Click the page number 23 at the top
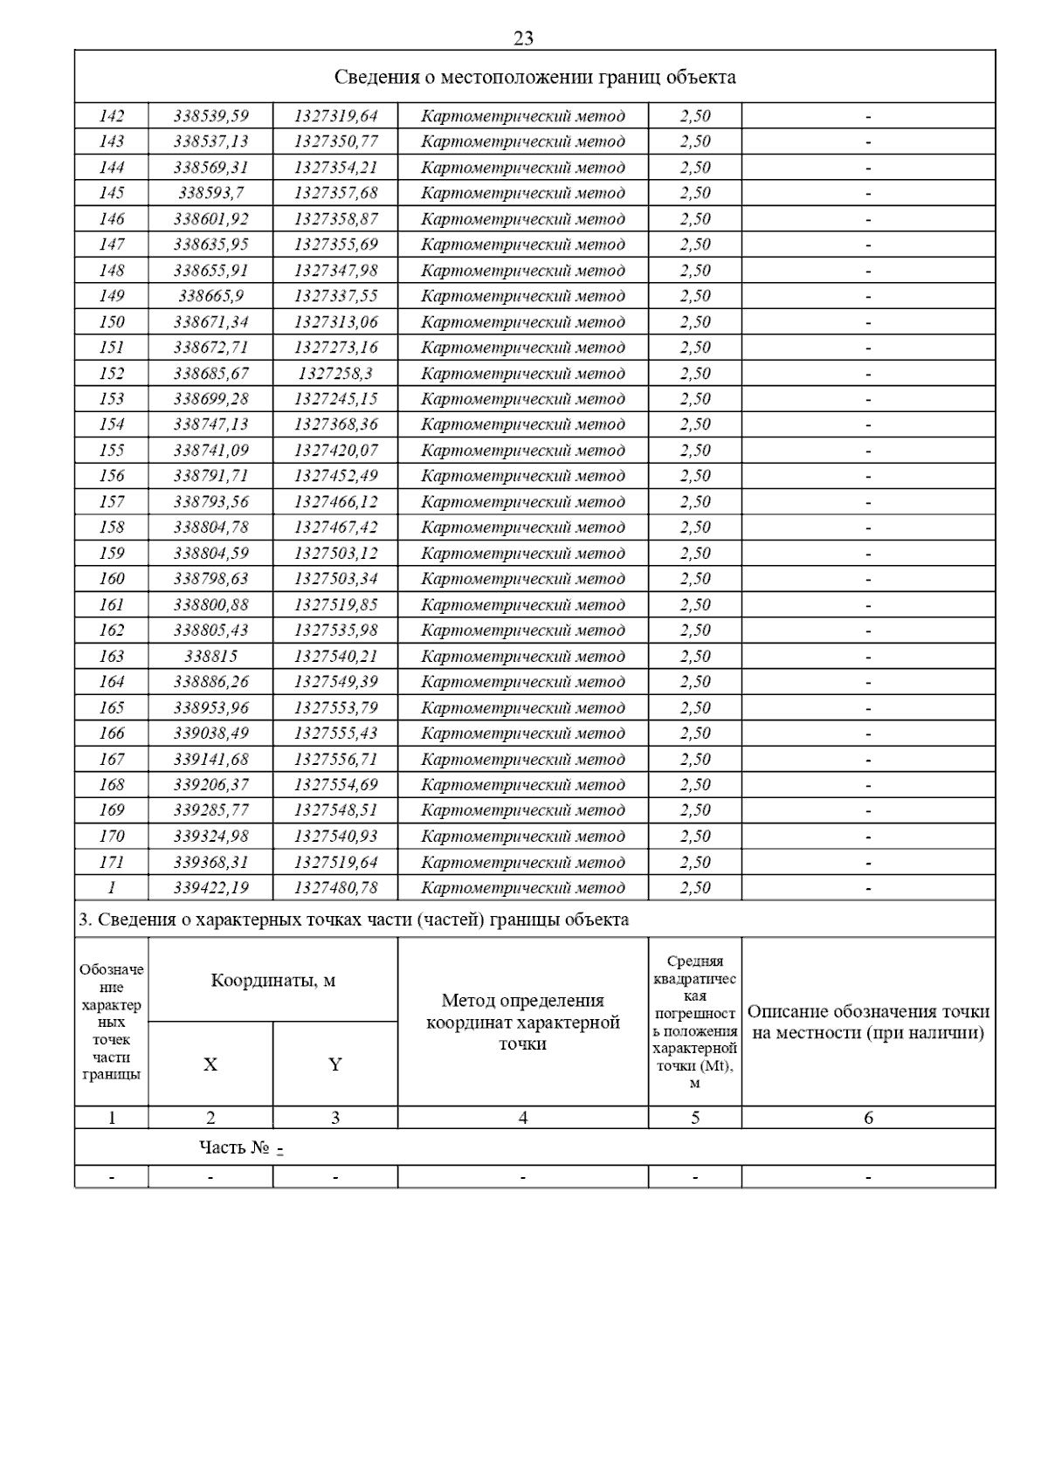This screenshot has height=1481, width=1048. click(x=524, y=38)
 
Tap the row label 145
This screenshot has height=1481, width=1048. click(x=112, y=193)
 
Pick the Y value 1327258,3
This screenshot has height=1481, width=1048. click(x=335, y=373)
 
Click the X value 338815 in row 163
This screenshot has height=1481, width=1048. click(x=210, y=656)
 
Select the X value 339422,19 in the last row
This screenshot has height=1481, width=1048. click(x=210, y=887)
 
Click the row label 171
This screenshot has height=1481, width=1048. click(x=112, y=862)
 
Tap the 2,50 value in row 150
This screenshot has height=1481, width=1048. click(x=695, y=321)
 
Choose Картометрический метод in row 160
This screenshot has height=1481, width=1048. click(x=522, y=578)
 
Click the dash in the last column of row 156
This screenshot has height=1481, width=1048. click(x=868, y=476)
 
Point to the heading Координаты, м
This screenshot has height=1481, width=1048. click(x=272, y=980)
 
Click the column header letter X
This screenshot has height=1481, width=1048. click(x=210, y=1064)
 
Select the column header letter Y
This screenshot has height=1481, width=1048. click(x=335, y=1064)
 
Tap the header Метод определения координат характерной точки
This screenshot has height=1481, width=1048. click(x=522, y=1022)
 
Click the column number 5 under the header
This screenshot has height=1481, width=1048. click(x=695, y=1117)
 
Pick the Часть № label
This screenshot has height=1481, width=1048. click(x=234, y=1147)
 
